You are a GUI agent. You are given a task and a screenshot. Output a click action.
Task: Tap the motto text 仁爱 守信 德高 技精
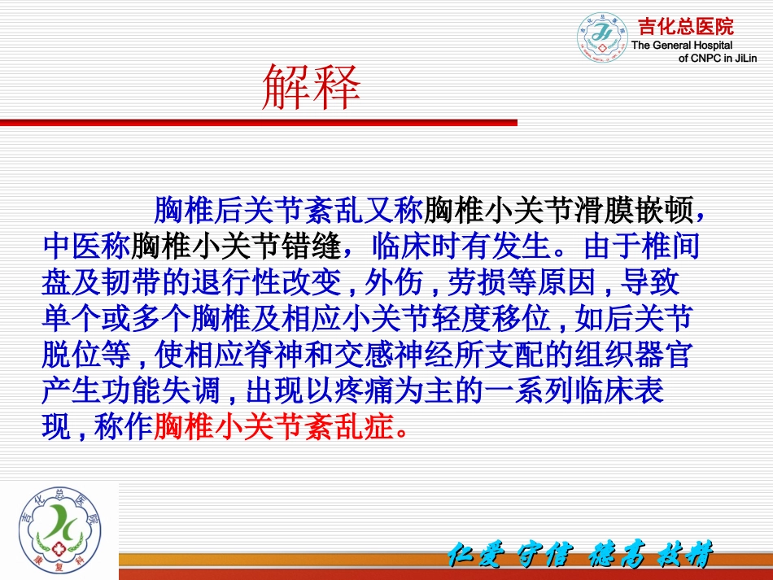(x=580, y=557)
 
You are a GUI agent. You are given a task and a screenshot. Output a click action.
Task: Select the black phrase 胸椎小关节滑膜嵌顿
(x=560, y=211)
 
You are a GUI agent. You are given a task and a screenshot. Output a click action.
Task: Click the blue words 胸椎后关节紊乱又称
(x=289, y=211)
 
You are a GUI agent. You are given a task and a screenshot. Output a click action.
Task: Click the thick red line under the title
(x=258, y=123)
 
